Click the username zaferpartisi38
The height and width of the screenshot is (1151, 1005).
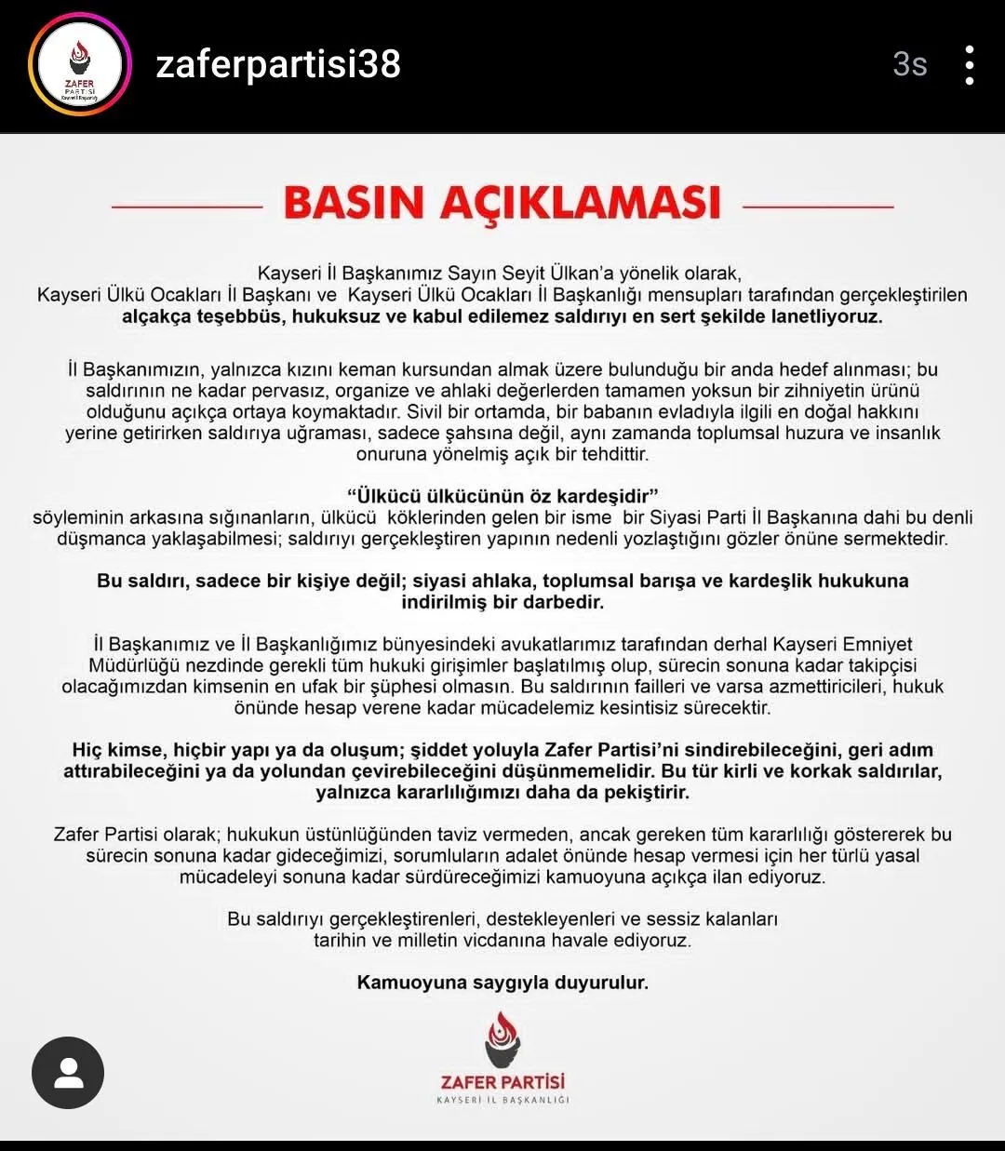pos(278,64)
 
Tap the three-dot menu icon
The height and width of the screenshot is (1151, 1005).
pos(970,65)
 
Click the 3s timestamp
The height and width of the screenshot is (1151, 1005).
pos(909,64)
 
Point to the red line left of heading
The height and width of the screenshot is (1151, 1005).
pos(187,207)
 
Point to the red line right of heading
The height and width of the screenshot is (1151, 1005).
pos(818,207)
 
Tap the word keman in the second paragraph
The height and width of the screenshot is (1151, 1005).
pos(423,369)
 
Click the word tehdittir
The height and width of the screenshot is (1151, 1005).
pos(610,455)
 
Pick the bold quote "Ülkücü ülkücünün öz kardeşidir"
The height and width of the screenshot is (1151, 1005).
pos(502,495)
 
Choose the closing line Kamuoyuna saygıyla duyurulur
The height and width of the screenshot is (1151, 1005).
pos(502,983)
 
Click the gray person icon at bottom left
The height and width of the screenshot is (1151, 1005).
pos(68,1073)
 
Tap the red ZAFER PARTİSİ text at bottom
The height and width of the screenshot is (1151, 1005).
pos(502,1082)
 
